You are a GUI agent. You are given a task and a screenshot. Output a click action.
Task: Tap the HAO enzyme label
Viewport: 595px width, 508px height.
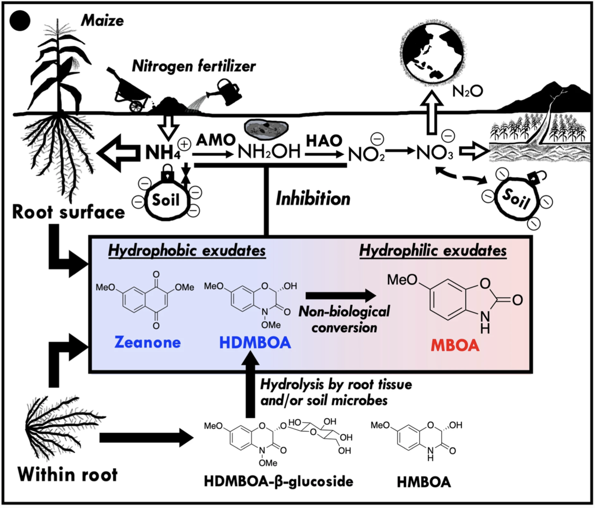tap(324, 140)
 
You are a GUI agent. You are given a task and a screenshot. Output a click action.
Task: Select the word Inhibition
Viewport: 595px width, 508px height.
tap(313, 199)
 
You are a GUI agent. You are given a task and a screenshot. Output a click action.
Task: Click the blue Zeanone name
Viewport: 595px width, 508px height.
tap(147, 342)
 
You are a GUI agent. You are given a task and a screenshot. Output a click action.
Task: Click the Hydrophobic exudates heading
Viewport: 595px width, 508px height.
tap(187, 251)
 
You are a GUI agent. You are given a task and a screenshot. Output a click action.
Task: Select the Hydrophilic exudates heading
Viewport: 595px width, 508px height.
tap(433, 251)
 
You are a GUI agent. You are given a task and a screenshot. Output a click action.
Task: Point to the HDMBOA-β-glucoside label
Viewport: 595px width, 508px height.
tap(278, 481)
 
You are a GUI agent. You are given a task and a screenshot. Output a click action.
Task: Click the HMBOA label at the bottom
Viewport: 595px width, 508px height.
tap(423, 481)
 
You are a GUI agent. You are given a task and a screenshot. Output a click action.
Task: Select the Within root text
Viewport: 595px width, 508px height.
tap(67, 475)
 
